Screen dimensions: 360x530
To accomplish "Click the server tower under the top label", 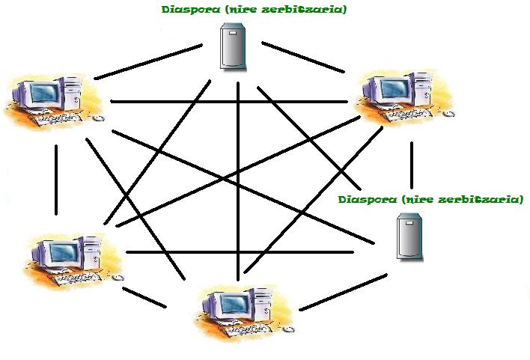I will coord(233,46).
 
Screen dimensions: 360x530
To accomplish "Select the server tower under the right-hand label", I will coord(408,236).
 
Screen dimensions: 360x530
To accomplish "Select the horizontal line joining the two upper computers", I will coord(228,101).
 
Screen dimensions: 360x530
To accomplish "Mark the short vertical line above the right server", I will coord(412,164).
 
